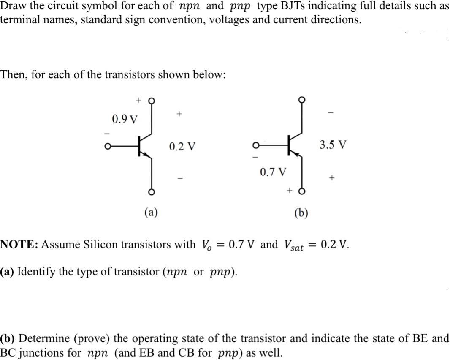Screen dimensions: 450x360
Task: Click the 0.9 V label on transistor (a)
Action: (x=125, y=119)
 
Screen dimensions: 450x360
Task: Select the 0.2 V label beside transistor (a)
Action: (x=182, y=146)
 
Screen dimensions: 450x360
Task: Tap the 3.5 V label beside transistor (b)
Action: (x=333, y=144)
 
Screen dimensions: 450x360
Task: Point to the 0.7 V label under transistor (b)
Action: (x=273, y=172)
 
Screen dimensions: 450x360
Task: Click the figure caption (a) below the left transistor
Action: (x=151, y=212)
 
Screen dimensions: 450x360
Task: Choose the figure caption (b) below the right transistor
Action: (x=301, y=213)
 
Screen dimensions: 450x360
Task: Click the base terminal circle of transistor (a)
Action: (x=107, y=146)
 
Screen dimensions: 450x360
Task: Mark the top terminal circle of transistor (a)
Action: (x=152, y=101)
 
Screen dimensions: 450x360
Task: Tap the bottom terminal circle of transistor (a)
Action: (x=152, y=192)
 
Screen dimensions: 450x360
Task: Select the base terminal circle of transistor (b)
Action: (x=255, y=146)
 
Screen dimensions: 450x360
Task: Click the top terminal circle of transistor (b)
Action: (x=301, y=99)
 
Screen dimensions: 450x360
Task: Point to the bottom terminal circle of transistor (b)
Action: (x=301, y=191)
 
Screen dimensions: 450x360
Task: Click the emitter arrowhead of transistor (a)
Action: (x=147, y=155)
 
